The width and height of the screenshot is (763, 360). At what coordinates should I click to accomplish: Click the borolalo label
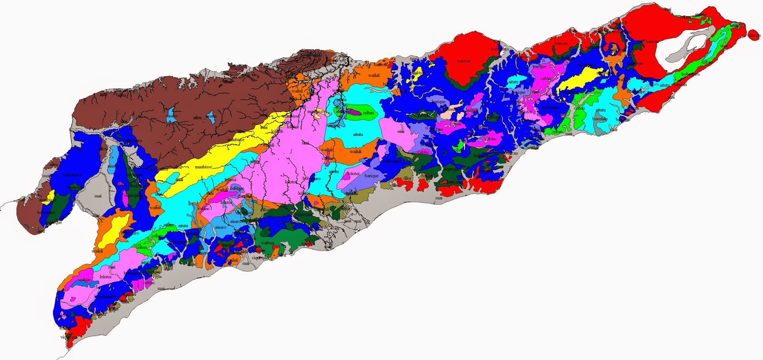tap(599, 119)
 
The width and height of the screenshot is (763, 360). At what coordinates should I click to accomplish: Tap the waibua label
tap(268, 243)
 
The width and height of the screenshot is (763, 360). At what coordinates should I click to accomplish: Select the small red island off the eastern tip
tap(754, 35)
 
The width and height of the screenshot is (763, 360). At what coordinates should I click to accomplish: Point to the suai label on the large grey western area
tap(98, 196)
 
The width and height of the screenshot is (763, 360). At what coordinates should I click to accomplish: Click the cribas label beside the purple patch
tap(368, 113)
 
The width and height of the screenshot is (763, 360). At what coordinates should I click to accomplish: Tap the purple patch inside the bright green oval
tap(357, 113)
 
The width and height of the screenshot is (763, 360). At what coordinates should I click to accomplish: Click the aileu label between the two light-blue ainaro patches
tap(197, 117)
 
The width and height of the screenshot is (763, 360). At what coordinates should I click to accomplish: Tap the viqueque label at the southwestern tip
tap(66, 337)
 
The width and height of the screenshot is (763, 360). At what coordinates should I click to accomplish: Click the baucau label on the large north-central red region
tap(464, 61)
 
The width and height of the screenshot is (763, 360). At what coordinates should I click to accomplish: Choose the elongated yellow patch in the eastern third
tap(579, 79)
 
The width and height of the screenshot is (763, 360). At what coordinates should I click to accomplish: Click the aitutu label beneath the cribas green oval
tap(358, 134)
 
